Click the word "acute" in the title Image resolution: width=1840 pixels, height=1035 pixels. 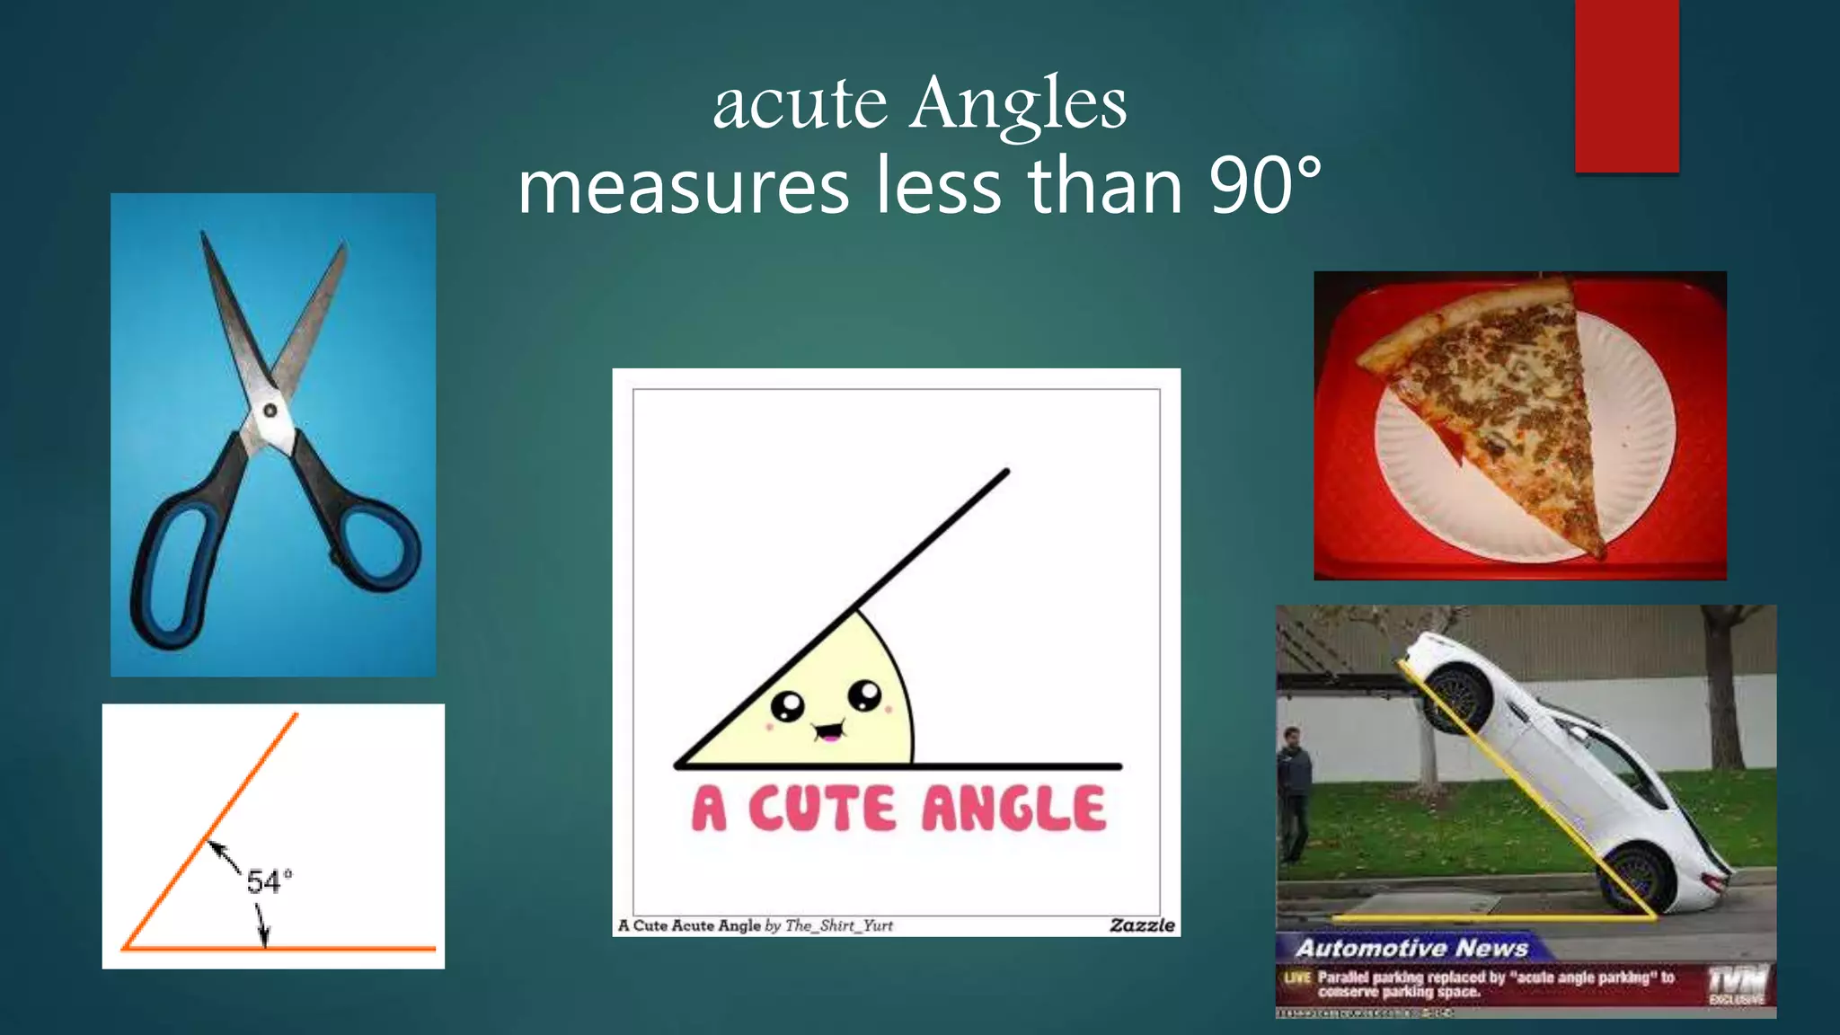800,104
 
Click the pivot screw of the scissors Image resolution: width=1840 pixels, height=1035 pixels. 270,411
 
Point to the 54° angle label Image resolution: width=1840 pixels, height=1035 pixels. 269,881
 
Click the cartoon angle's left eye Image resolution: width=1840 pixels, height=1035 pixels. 788,706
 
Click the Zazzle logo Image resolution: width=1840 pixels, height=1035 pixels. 1142,925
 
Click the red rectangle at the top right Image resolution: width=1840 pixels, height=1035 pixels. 1626,85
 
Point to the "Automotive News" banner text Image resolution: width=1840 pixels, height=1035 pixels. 1411,948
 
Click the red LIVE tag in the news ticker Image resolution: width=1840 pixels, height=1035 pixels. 1296,977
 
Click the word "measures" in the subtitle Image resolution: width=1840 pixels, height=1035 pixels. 684,186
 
